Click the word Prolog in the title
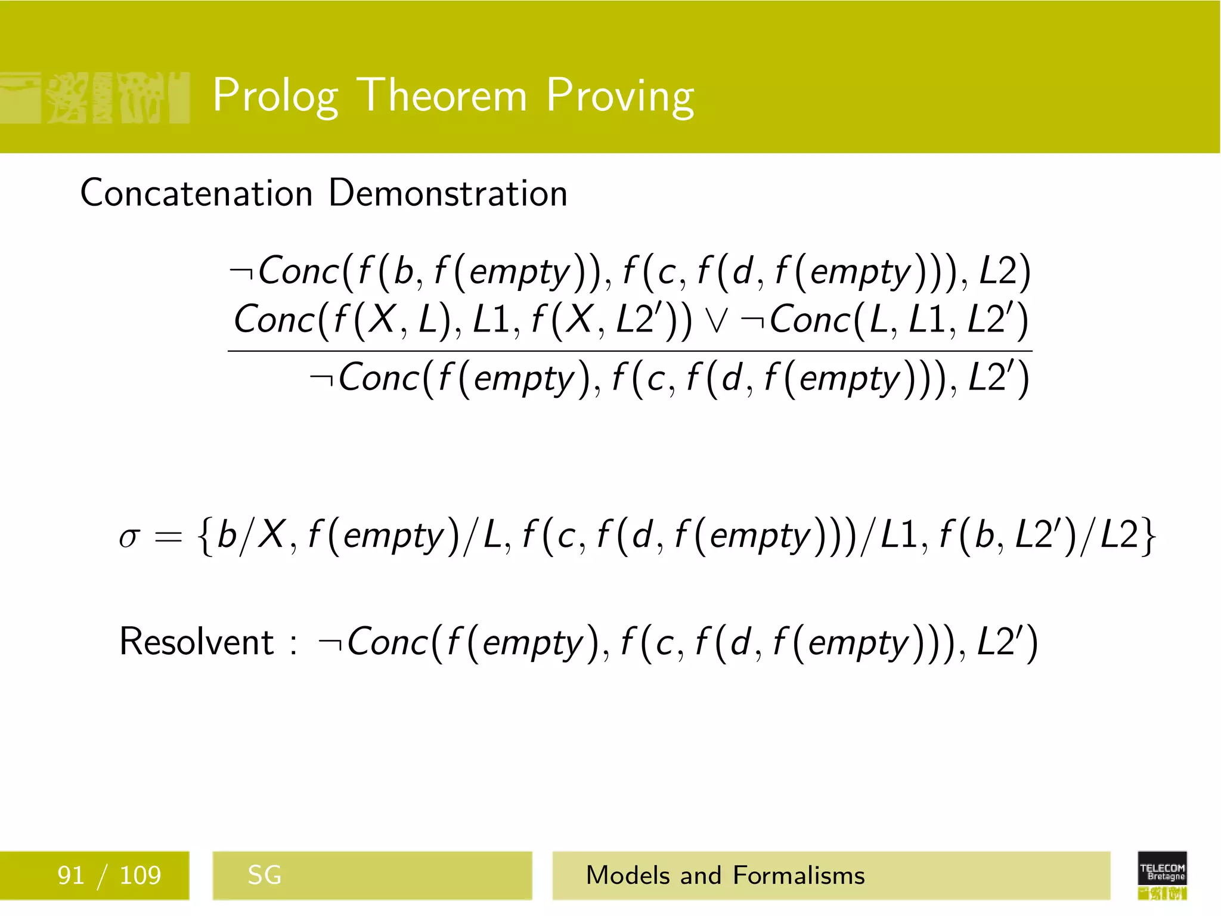click(x=275, y=97)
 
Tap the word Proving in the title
click(x=620, y=97)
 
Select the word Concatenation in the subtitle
click(x=196, y=193)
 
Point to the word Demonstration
click(x=448, y=193)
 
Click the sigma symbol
click(x=129, y=537)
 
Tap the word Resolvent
click(x=196, y=642)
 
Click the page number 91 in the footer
click(x=70, y=875)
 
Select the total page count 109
click(x=140, y=875)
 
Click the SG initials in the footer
click(x=264, y=875)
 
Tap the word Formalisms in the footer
click(x=798, y=875)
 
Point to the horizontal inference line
click(x=630, y=351)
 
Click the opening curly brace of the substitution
click(x=205, y=536)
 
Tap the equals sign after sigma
click(x=168, y=537)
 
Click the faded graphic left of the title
click(x=95, y=98)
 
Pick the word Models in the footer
click(x=627, y=875)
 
